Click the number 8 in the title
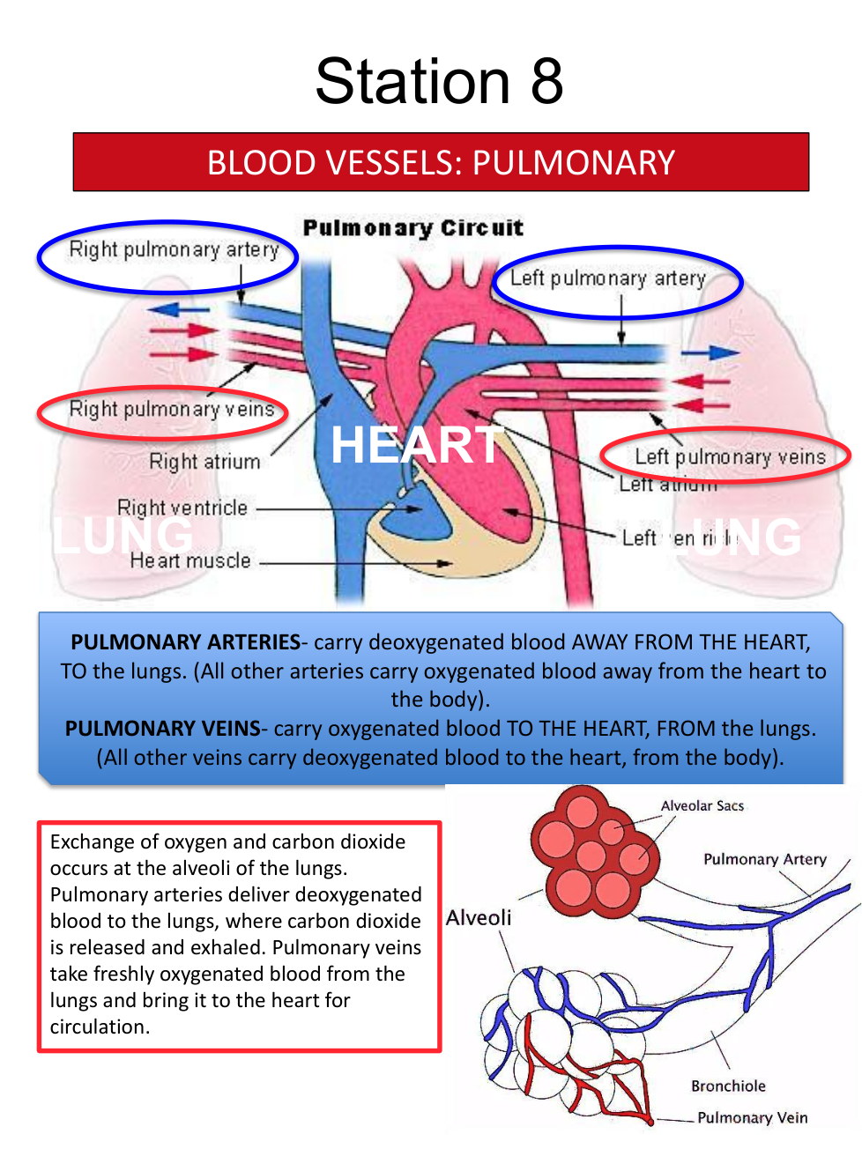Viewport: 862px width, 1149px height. [546, 81]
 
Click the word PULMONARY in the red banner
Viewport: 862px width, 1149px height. [573, 163]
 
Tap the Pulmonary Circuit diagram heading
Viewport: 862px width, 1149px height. [412, 228]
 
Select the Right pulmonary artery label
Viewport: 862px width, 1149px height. [174, 250]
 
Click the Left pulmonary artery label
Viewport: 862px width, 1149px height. [608, 278]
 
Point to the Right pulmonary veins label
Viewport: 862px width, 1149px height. [172, 410]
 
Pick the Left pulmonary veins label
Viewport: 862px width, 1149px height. [730, 456]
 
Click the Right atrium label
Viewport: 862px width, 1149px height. [204, 462]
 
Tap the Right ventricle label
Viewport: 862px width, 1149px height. [182, 508]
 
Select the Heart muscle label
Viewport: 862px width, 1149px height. [190, 560]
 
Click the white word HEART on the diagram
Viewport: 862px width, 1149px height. [415, 445]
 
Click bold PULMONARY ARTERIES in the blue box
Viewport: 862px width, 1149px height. [185, 641]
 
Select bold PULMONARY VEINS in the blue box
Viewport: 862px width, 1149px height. [162, 728]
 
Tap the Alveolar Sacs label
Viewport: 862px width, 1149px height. [702, 805]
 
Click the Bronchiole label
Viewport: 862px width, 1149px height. [728, 1086]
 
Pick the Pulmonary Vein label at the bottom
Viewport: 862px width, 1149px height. [752, 1117]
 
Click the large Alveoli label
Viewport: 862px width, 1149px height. [479, 917]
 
